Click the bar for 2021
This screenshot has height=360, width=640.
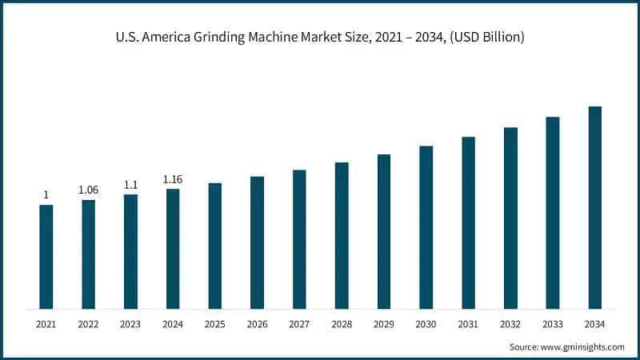click(46, 256)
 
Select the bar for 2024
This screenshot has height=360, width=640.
click(173, 248)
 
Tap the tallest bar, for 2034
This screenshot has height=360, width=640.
click(594, 207)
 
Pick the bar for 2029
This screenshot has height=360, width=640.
click(384, 231)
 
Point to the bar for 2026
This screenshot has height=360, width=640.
click(257, 242)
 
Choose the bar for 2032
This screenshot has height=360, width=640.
click(510, 218)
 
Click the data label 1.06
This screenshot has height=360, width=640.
click(88, 190)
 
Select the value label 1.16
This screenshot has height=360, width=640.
click(173, 179)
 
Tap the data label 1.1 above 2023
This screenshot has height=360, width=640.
click(130, 184)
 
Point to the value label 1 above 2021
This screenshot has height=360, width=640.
click(46, 194)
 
